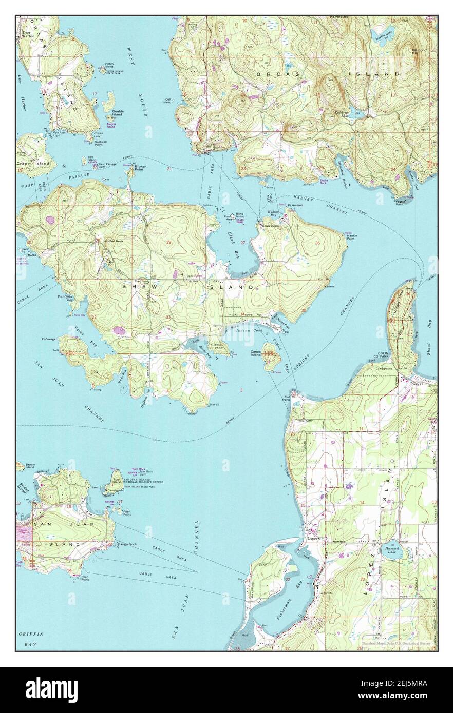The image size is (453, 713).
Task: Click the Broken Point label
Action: (140, 168)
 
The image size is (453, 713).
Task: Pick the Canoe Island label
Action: (256, 353)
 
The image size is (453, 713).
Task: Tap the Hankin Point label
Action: (351, 237)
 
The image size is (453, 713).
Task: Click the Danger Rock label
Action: (126, 544)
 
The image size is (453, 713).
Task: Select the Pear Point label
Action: (85, 579)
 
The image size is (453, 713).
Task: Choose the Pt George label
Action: (49, 339)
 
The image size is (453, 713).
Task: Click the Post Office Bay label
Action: (65, 298)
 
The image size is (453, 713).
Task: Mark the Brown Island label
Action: (30, 466)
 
